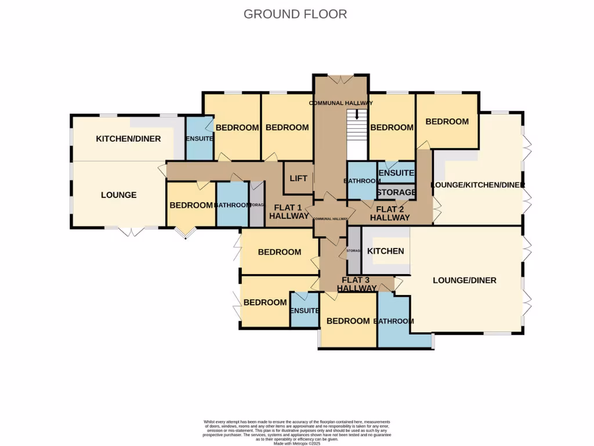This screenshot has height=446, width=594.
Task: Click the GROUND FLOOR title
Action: pos(295,14)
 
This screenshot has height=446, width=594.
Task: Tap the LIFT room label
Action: pos(298,179)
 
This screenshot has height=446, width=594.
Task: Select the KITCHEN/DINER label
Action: pos(128,139)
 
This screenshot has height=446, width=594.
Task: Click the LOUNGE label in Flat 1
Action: pos(118,195)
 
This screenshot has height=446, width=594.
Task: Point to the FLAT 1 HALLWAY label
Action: pos(288,212)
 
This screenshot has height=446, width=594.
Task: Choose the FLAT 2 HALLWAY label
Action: pos(390,214)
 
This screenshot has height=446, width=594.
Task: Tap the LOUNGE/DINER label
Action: pos(465,280)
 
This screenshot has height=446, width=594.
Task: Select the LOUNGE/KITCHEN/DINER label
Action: pos(477,185)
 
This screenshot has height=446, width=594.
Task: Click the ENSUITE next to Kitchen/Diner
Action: pos(200,139)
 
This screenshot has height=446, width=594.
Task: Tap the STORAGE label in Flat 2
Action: pos(396,192)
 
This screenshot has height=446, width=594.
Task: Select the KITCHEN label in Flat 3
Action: pos(386,251)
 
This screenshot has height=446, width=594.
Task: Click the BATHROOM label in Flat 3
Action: pos(393,321)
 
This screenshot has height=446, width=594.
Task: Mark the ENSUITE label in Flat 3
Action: pos(305,311)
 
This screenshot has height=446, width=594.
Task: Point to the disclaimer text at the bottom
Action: pos(296,432)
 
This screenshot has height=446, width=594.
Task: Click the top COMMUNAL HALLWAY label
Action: pos(341,103)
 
